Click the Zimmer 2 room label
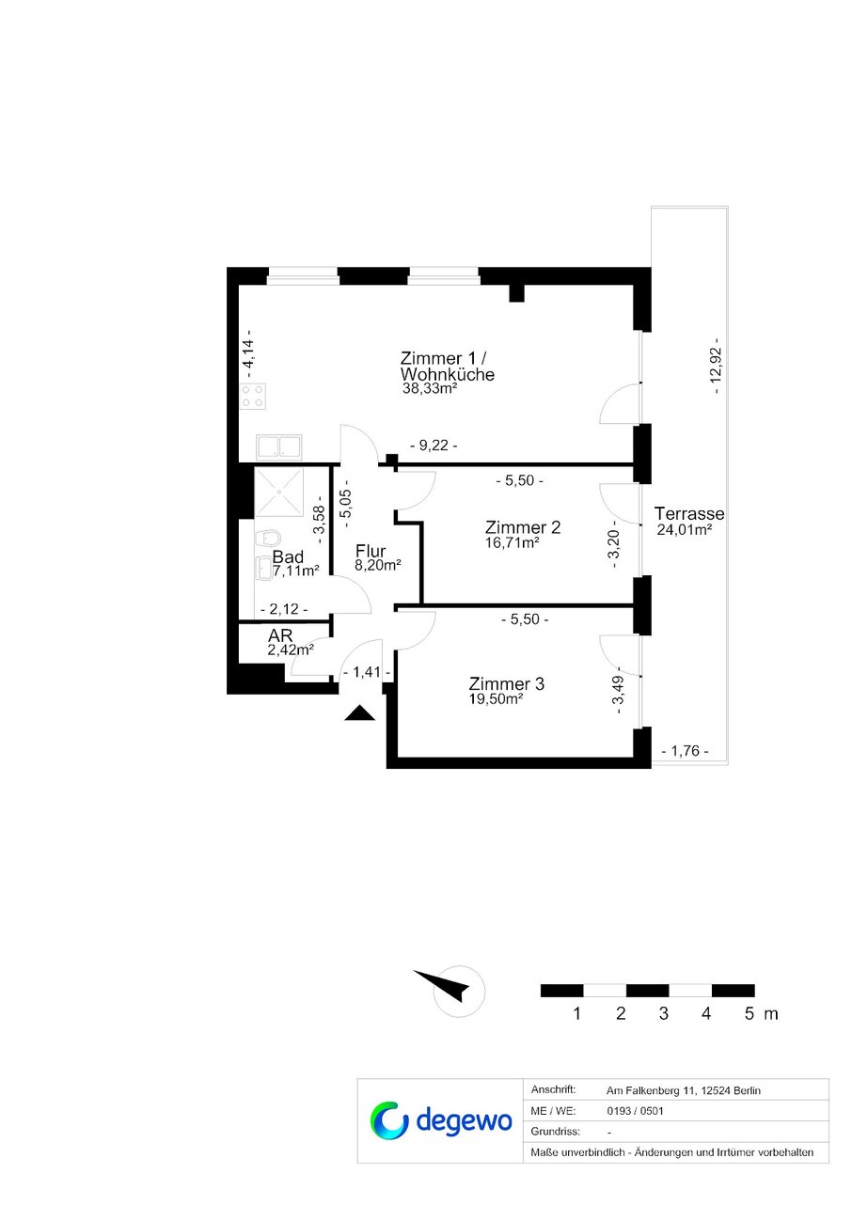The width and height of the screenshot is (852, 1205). pos(523,526)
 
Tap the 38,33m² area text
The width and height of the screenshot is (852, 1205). pos(430,388)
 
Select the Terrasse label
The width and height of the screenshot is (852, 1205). pos(689,513)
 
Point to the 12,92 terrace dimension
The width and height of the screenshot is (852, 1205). pos(716,366)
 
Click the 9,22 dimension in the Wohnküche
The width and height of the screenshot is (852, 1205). pos(434,446)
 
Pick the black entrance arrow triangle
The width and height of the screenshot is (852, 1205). pos(359,712)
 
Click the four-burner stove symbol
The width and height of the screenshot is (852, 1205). pos(252,396)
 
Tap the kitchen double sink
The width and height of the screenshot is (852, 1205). pos(278,447)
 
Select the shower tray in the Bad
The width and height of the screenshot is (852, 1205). pos(278,493)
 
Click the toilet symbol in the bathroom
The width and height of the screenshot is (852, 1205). pos(268,538)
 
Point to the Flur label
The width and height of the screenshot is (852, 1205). pos(371,551)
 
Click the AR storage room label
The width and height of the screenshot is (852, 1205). pos(280,635)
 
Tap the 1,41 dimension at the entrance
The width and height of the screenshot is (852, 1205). pos(367,672)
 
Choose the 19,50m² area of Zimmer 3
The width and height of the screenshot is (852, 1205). pos(497,698)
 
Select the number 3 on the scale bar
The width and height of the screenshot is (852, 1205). pos(664,1013)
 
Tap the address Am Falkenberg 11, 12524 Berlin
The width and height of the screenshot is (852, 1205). pos(684,1090)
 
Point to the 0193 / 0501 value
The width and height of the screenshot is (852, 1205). pos(635,1111)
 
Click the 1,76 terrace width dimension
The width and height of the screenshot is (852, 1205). pos(685,751)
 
